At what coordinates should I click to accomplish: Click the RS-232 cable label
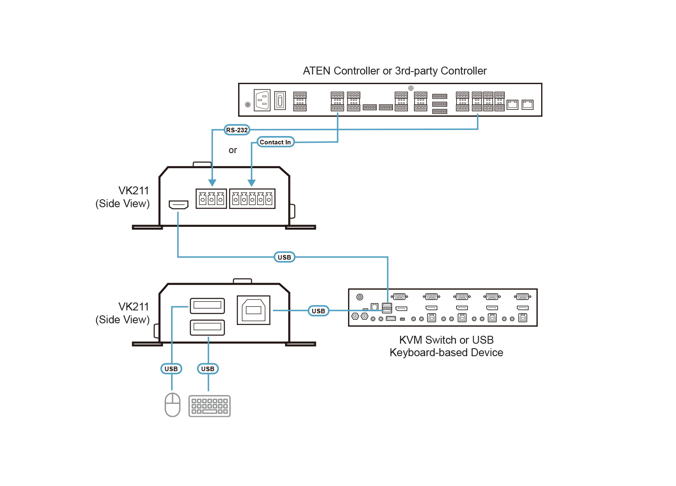click(237, 130)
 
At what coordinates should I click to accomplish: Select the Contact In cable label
click(275, 142)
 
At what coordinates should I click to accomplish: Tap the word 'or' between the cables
click(233, 150)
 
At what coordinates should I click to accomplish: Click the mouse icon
click(172, 404)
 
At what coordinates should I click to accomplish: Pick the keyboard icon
click(209, 406)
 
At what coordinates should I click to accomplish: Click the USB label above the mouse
click(171, 369)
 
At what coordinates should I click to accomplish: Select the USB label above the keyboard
click(208, 369)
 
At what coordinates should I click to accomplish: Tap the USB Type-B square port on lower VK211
click(253, 310)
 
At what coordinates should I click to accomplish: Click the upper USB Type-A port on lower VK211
click(207, 305)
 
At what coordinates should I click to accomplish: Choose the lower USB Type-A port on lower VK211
click(207, 327)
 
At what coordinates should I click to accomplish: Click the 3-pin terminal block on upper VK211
click(211, 199)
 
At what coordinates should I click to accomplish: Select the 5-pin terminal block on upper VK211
click(252, 199)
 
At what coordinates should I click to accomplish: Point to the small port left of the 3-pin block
click(179, 204)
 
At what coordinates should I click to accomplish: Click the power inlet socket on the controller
click(262, 100)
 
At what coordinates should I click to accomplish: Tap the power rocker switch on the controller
click(280, 100)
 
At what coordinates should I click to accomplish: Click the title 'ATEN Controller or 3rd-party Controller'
click(395, 71)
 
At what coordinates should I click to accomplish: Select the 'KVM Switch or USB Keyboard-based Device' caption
click(446, 346)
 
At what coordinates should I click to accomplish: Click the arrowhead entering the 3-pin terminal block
click(212, 183)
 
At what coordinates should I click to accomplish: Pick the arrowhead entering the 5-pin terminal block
click(251, 183)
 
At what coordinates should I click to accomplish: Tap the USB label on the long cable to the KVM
click(284, 257)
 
